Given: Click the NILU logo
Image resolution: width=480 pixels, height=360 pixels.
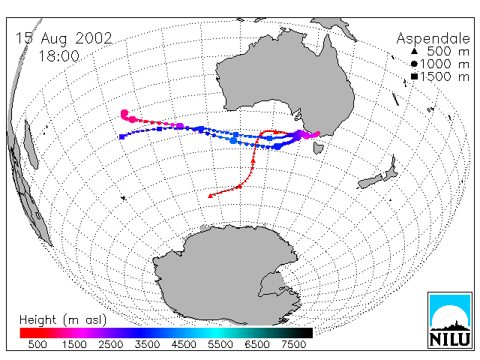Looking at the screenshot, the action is click(450, 320).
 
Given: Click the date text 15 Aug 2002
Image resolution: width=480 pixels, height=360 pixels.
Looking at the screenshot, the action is click(64, 38).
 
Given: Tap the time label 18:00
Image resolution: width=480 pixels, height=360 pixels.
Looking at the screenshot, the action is click(58, 56).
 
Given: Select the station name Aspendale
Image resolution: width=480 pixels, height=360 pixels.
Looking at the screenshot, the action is click(433, 39).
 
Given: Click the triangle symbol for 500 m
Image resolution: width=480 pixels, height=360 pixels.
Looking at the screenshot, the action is click(414, 51).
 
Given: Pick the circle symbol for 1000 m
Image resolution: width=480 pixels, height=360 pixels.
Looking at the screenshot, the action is click(414, 64).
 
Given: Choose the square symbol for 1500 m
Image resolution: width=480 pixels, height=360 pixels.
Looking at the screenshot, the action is click(414, 76).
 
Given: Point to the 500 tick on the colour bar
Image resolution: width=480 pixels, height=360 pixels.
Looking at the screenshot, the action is click(37, 344).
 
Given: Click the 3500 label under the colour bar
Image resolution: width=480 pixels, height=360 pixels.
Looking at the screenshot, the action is click(147, 344).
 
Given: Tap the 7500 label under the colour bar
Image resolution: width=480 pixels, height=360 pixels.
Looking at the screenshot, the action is click(293, 344).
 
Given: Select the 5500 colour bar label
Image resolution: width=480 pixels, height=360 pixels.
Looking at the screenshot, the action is click(220, 344).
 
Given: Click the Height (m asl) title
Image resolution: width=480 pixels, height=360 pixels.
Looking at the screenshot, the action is click(63, 320).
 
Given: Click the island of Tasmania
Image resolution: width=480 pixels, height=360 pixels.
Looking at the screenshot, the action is click(318, 148).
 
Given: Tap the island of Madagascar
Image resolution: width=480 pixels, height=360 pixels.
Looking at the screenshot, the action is click(31, 144).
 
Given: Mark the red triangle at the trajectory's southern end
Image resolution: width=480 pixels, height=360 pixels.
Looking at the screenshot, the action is click(210, 196).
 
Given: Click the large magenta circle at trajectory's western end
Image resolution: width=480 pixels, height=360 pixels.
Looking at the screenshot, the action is click(124, 114).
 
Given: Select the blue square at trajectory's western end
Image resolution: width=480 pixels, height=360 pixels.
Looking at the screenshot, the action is click(121, 136).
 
